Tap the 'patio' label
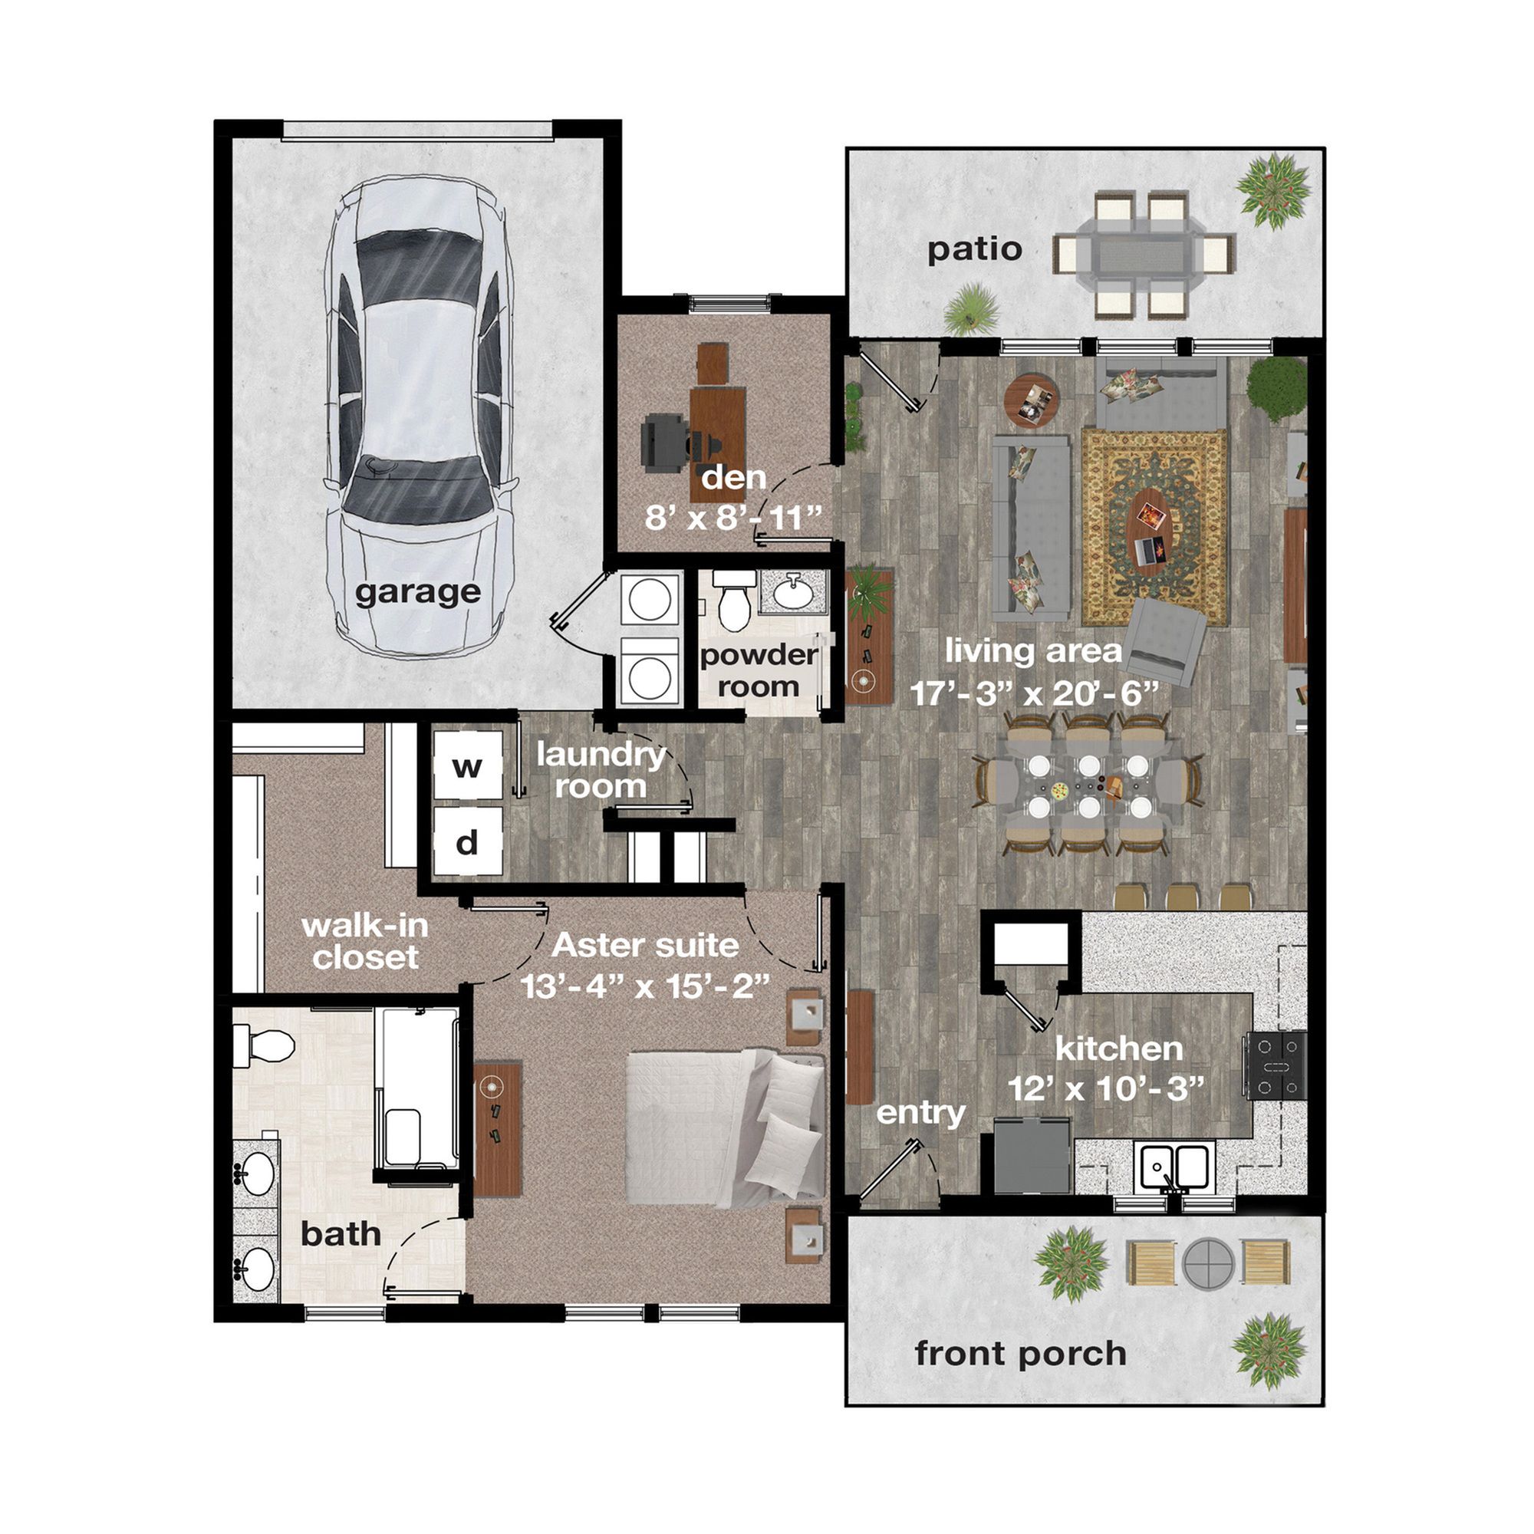tap(974, 250)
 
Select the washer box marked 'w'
tap(468, 765)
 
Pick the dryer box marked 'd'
tap(468, 841)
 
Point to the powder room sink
tap(792, 592)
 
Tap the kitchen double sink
tap(1174, 1167)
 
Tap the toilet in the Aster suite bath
tap(264, 1045)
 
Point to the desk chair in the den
tap(665, 439)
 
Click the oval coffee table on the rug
tap(1150, 528)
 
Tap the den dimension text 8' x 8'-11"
tap(732, 518)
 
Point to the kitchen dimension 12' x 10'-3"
tap(1107, 1088)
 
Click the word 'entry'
tap(921, 1113)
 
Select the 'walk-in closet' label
tap(365, 942)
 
